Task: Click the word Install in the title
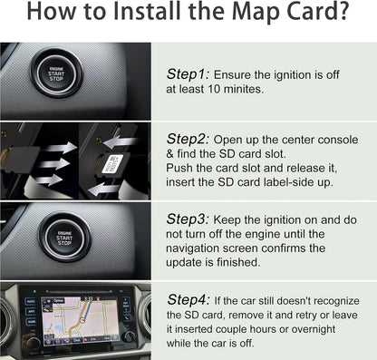(147, 11)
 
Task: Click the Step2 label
(188, 139)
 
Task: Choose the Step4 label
(188, 300)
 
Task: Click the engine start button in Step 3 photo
(64, 237)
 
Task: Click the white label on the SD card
(112, 164)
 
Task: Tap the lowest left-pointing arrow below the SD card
(105, 190)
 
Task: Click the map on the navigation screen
(80, 316)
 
